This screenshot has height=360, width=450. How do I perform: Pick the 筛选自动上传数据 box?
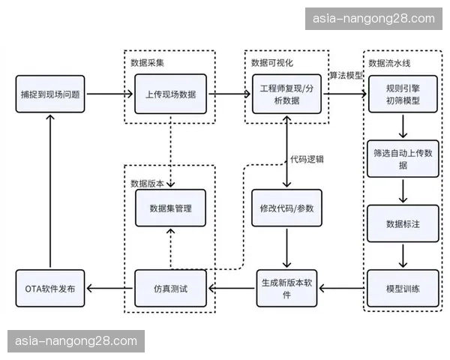[403, 157]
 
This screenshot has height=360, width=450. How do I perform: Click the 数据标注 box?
[403, 223]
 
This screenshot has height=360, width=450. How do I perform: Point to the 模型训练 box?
[403, 288]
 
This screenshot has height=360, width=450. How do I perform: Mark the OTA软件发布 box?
[50, 288]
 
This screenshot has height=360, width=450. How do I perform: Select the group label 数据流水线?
[388, 61]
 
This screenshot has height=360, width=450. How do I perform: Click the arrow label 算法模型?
[346, 77]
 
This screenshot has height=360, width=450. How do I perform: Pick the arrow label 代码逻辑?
[307, 158]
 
